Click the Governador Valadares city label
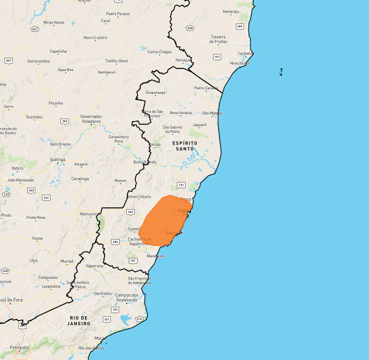tap(91, 119)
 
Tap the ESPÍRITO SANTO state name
tap(184, 146)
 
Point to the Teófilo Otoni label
tap(116, 61)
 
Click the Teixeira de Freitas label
tap(219, 39)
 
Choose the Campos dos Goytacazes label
tap(127, 297)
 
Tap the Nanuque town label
tap(183, 60)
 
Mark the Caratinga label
tap(80, 179)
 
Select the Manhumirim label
tap(88, 214)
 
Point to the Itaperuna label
tap(94, 266)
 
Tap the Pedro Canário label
tap(206, 87)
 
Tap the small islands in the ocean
tap(280, 72)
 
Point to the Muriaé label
tap(67, 261)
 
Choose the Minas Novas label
tap(54, 22)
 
